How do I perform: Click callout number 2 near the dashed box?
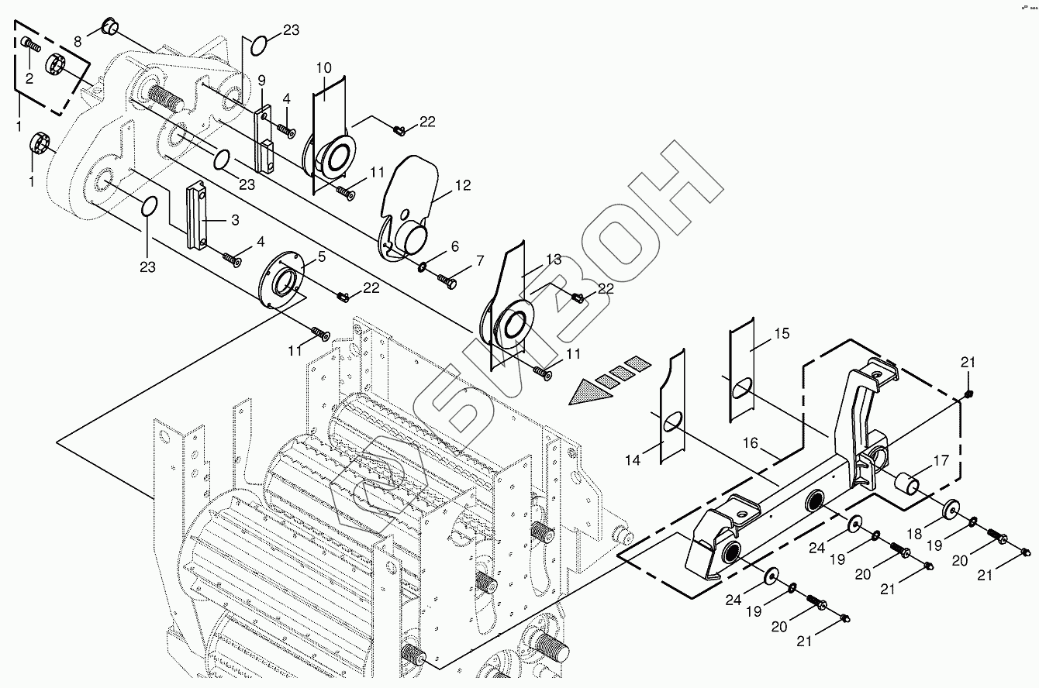tap(29, 77)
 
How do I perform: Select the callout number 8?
tap(78, 40)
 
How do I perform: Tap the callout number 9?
tap(261, 80)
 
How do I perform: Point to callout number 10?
tap(323, 67)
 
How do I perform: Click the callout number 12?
tap(463, 186)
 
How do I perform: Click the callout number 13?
tap(552, 260)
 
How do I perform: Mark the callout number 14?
tap(633, 460)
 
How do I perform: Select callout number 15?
tap(782, 333)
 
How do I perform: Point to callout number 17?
tap(941, 461)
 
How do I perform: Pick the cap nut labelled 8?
tap(109, 29)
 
